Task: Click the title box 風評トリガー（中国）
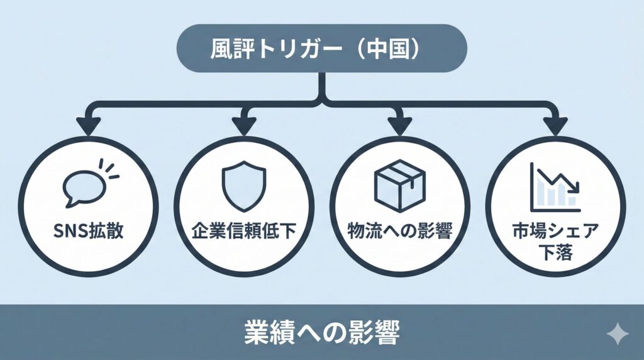click(322, 48)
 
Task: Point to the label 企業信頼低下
click(243, 231)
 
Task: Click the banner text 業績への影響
click(321, 333)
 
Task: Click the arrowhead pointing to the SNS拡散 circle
click(89, 127)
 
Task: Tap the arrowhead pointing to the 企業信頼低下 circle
click(243, 127)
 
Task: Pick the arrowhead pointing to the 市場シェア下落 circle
click(553, 127)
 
